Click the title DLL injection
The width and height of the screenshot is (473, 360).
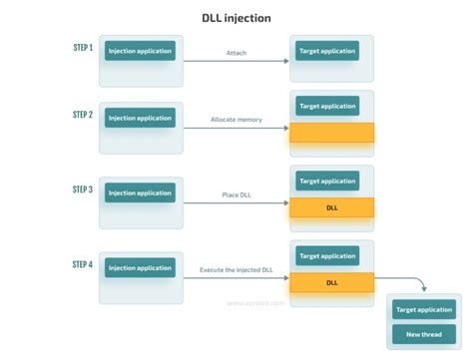[236, 17]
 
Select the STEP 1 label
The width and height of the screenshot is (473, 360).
[82, 47]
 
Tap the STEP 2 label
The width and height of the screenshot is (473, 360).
[82, 115]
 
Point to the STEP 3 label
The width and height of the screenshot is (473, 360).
[82, 188]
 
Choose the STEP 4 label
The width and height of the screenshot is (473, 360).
[82, 264]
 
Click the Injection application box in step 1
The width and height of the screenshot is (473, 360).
[140, 50]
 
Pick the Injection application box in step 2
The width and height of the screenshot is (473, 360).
[140, 117]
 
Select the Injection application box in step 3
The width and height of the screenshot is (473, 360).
[140, 192]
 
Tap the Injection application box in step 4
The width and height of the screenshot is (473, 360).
[140, 267]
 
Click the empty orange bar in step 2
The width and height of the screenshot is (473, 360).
[331, 133]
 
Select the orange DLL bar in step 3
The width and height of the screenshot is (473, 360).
[331, 207]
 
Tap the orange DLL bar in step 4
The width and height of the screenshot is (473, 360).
[331, 282]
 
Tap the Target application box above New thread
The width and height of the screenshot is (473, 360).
[424, 310]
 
